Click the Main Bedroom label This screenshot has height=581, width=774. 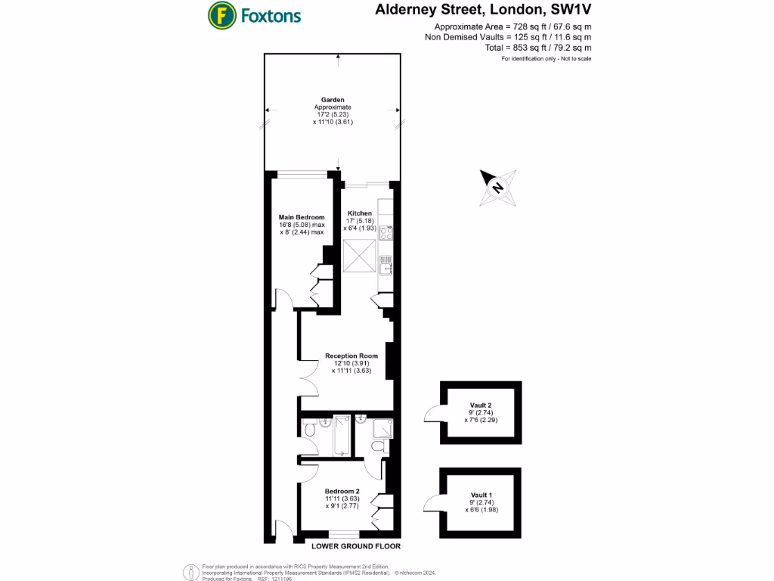tap(302, 217)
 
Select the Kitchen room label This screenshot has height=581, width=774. tap(360, 213)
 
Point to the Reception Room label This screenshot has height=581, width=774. tap(351, 356)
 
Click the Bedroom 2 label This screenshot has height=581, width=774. tap(342, 492)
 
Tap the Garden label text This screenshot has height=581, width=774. tap(333, 100)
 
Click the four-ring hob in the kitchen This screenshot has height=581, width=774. tap(385, 234)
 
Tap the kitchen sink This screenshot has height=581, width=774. tap(385, 264)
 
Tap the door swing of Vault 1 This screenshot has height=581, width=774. tap(432, 502)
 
